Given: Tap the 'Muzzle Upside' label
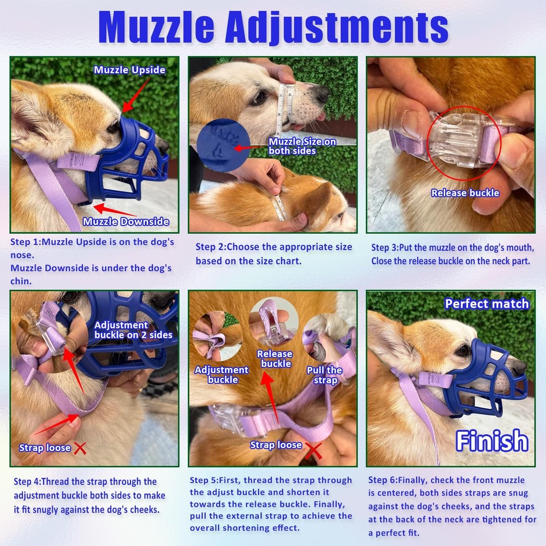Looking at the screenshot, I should [129, 70].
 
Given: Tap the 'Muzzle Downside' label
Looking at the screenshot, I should [126, 221].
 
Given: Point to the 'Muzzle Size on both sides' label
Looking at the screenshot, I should [301, 146].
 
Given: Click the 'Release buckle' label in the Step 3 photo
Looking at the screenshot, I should [465, 193].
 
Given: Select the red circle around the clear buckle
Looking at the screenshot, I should [462, 144].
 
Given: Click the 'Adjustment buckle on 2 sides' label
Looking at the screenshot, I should [133, 330].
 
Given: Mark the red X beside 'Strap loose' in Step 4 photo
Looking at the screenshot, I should [80, 448].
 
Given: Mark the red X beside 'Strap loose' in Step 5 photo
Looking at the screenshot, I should [313, 451].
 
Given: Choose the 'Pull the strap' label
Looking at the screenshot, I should [324, 375].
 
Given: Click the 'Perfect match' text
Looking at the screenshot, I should [486, 304].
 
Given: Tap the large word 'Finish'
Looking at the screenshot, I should [492, 441].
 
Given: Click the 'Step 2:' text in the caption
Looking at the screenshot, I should [211, 247].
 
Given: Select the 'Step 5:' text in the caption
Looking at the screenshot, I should [205, 480].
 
